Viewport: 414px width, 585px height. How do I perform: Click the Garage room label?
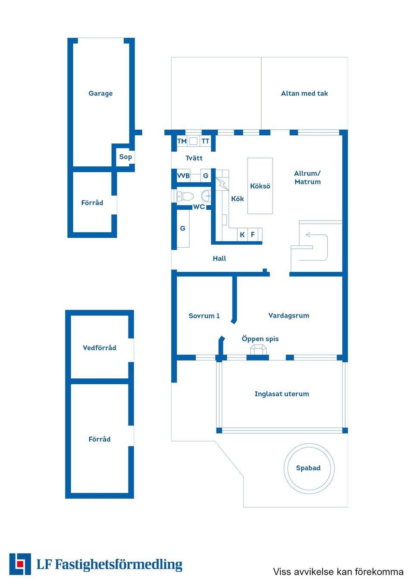click(x=100, y=93)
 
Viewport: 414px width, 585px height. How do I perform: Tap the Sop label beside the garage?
click(x=125, y=157)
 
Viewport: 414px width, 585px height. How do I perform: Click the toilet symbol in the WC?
click(x=185, y=196)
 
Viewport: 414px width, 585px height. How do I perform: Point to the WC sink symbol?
click(x=206, y=196)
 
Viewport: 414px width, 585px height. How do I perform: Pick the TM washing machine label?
click(x=182, y=141)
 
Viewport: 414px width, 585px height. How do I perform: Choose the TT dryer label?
click(x=205, y=141)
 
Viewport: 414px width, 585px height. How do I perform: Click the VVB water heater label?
click(x=183, y=176)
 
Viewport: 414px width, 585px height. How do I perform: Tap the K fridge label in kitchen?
click(x=242, y=234)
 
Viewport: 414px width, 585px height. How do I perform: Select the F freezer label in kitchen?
click(x=253, y=234)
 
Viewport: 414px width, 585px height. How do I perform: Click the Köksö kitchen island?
click(x=260, y=186)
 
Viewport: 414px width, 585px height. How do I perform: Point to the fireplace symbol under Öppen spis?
click(x=258, y=350)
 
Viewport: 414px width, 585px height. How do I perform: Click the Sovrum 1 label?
click(x=204, y=316)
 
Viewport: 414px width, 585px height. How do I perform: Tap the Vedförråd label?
click(x=99, y=348)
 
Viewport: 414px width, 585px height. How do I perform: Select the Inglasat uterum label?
click(x=282, y=394)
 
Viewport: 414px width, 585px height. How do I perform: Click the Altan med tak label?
click(x=304, y=93)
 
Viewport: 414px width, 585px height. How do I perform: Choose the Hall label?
click(x=219, y=258)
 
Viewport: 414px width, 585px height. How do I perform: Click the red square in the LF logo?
click(x=19, y=564)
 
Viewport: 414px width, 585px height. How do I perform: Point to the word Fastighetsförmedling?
click(x=119, y=565)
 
